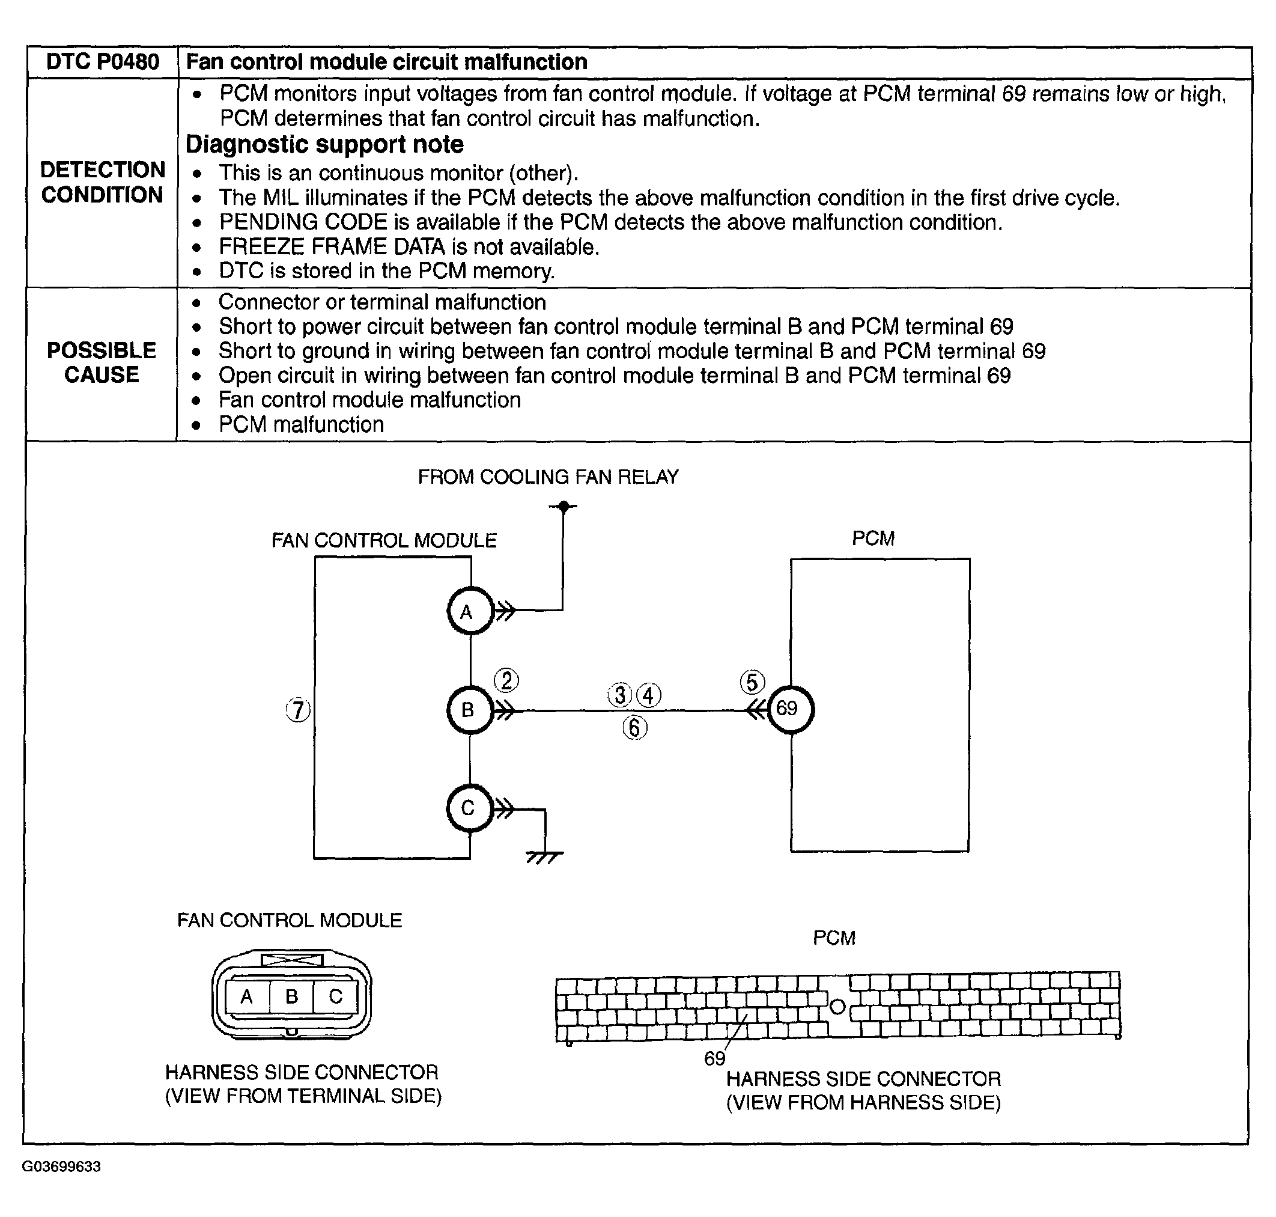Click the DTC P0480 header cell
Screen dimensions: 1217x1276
tap(103, 63)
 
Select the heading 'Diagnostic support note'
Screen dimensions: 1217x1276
tap(324, 145)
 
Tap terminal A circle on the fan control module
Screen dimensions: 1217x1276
tap(469, 611)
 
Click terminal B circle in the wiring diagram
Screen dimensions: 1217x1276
tap(469, 710)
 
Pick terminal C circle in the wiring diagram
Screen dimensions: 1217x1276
tap(469, 808)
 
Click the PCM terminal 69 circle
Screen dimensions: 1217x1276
tap(790, 709)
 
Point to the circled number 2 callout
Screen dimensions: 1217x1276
tap(506, 680)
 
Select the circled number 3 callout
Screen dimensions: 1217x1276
tap(620, 695)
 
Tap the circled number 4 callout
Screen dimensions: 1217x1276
tap(649, 695)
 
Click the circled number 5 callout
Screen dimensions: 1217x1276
tap(752, 682)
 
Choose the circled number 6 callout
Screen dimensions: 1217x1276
tap(635, 728)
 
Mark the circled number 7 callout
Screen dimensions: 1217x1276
tap(298, 710)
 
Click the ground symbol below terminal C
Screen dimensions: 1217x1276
tap(544, 858)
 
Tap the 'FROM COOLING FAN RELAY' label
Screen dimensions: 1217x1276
tap(548, 477)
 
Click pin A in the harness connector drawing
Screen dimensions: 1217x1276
tap(246, 996)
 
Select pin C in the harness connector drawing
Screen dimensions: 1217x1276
tap(335, 996)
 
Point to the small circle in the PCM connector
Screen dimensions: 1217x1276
tap(837, 1007)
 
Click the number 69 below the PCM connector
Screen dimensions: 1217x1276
tap(714, 1059)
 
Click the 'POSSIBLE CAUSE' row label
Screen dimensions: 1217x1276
tap(102, 362)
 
